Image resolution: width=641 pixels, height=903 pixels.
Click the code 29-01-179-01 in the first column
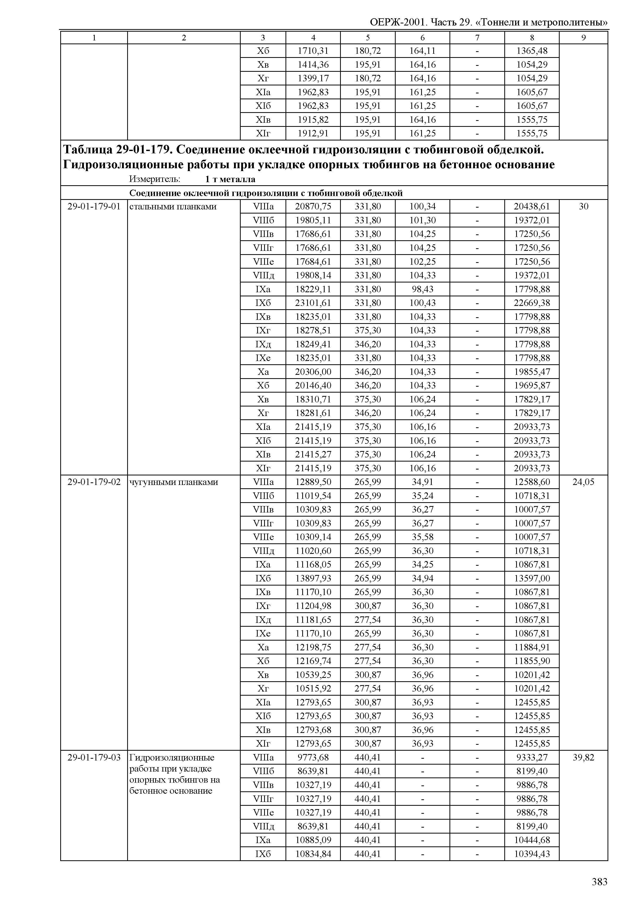(x=94, y=206)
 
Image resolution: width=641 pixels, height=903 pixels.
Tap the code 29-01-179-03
(x=94, y=757)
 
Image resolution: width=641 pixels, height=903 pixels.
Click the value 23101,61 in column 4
(x=313, y=303)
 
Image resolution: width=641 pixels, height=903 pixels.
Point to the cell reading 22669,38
(x=532, y=303)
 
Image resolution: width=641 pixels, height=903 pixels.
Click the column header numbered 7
(x=477, y=38)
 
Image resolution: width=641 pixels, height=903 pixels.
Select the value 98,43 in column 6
(x=422, y=289)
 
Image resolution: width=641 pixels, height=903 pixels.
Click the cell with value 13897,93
(x=313, y=578)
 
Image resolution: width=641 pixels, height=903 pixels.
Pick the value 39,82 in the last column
(x=583, y=757)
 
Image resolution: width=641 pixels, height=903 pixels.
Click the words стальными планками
(x=173, y=206)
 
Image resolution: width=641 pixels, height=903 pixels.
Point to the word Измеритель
(x=154, y=179)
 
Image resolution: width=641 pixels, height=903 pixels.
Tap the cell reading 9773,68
(x=313, y=757)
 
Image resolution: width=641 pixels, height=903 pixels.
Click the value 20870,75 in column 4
(x=313, y=206)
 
